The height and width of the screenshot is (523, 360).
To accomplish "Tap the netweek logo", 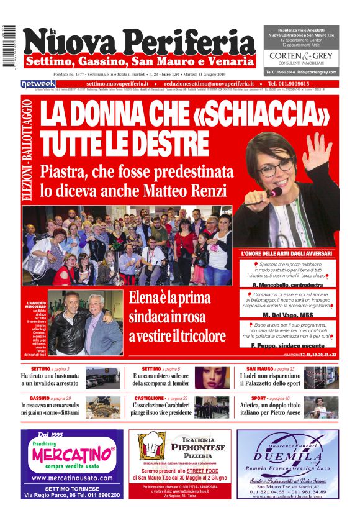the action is (x=38, y=83).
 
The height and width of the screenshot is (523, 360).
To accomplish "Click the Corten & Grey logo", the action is (x=301, y=58).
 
